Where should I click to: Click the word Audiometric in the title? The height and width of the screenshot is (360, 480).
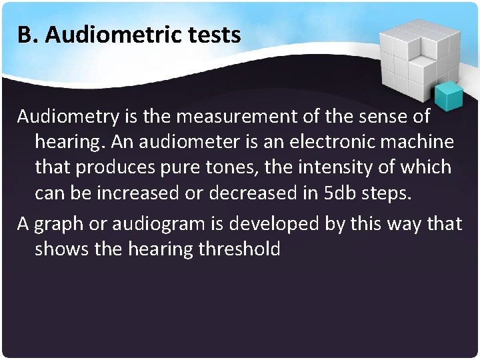pyautogui.click(x=121, y=35)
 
